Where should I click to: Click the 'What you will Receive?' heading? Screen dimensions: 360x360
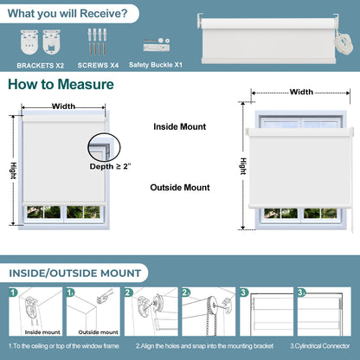pos(71,13)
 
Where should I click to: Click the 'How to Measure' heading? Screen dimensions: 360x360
pos(60,85)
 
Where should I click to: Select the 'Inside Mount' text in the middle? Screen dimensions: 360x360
pos(180,126)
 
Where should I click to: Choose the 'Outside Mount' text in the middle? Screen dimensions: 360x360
pos(180,187)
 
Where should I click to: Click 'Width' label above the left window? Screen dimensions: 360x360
pos(63,106)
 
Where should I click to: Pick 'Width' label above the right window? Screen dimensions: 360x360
pos(301,92)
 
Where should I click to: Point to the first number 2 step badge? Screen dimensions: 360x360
pos(127,293)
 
